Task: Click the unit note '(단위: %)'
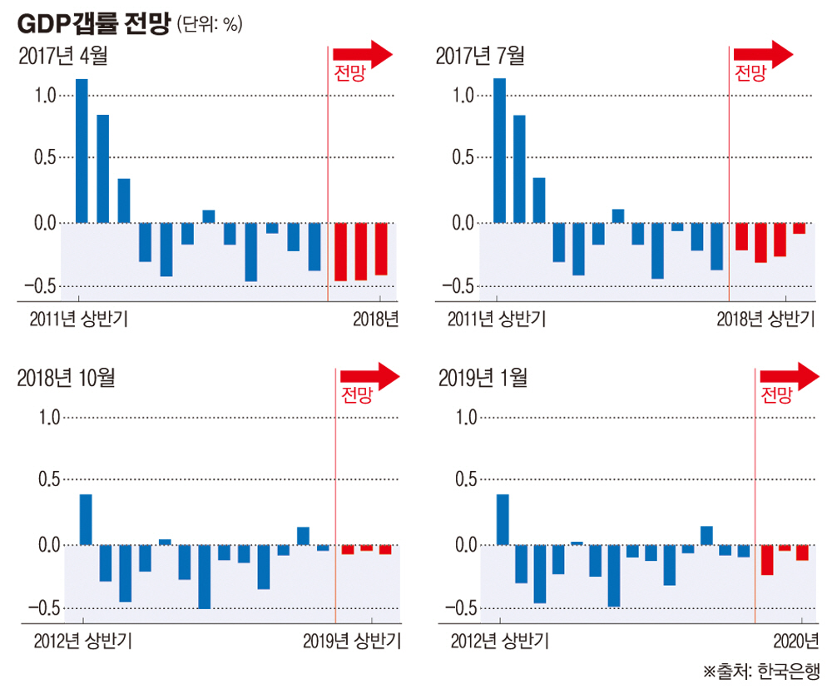click(x=209, y=26)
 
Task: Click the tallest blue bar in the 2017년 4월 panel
click(x=82, y=151)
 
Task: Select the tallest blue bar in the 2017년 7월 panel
click(x=499, y=151)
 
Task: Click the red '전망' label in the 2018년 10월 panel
click(x=356, y=396)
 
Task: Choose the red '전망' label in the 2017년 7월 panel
click(x=750, y=74)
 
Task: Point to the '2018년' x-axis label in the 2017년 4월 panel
click(x=376, y=320)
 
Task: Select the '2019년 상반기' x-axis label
click(x=351, y=641)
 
